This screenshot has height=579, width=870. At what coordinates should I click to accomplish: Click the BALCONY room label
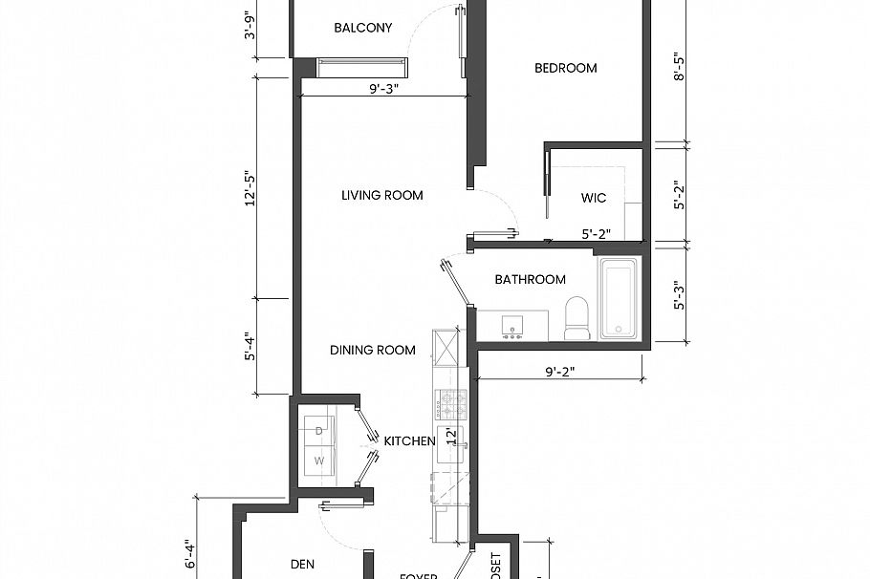[362, 28]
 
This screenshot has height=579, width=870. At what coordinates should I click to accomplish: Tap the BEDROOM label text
[565, 68]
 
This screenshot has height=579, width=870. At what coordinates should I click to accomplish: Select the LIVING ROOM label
[382, 195]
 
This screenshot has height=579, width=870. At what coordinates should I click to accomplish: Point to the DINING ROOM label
[373, 350]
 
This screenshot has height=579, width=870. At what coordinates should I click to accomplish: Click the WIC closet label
[594, 199]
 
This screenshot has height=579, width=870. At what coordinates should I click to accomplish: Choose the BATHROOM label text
[530, 280]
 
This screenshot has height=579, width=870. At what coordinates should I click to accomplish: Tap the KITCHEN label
[410, 441]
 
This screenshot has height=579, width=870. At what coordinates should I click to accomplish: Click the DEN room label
[302, 565]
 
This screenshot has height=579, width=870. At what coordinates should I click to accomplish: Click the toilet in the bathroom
[577, 319]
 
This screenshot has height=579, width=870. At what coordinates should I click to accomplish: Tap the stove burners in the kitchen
[450, 403]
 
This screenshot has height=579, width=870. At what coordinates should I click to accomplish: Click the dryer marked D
[319, 431]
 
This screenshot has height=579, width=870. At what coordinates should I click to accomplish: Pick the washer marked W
[319, 461]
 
